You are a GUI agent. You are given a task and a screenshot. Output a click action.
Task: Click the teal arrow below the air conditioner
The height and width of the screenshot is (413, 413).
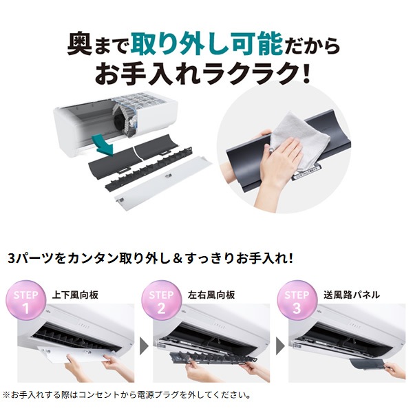click(105, 146)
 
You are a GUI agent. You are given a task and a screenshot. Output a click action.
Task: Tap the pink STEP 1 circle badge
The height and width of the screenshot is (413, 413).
click(26, 301)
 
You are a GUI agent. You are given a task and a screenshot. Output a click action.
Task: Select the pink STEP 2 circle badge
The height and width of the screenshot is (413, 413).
click(161, 301)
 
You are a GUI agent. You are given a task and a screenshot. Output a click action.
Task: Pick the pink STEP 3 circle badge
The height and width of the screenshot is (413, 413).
click(297, 301)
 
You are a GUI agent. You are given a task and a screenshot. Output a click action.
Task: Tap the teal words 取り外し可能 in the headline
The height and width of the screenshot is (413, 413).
click(207, 45)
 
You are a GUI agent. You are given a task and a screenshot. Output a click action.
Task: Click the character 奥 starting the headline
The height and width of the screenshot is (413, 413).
click(80, 45)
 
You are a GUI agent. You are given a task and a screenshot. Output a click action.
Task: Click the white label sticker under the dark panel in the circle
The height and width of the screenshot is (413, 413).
click(306, 174)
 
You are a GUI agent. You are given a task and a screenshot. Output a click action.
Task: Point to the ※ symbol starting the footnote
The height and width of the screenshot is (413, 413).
click(6, 394)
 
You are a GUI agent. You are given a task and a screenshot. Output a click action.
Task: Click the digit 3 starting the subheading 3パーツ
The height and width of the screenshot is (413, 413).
click(11, 259)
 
